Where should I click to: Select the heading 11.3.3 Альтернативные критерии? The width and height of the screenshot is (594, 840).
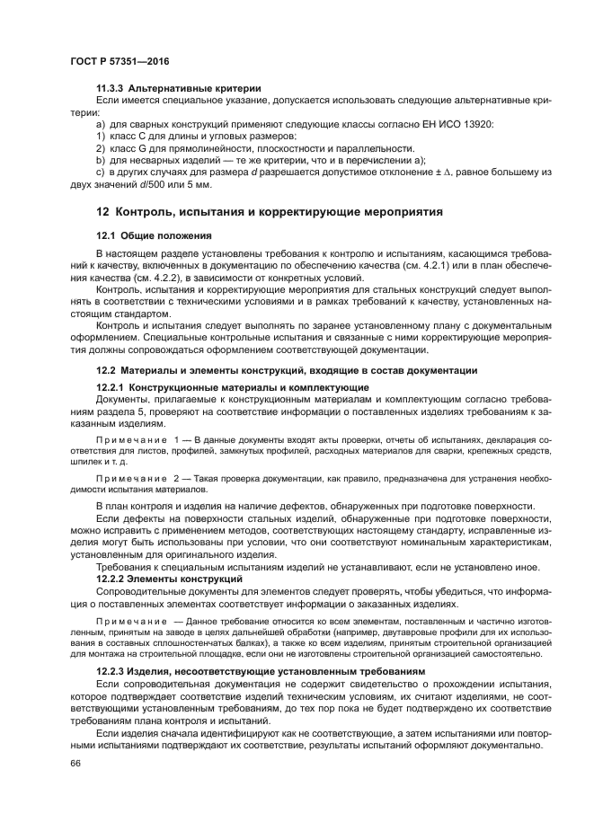178,88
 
